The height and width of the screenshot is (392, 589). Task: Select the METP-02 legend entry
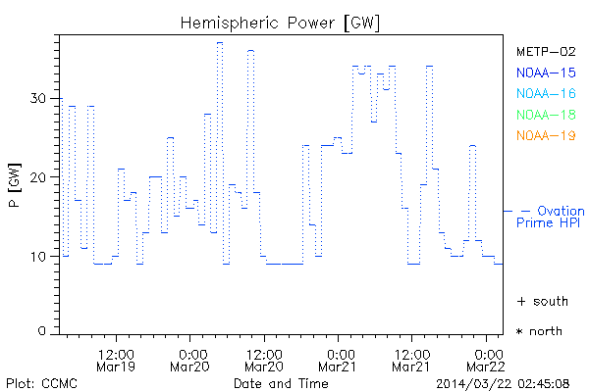coord(546,51)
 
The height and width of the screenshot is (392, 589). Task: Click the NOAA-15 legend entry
coord(546,73)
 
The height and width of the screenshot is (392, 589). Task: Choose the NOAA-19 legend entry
coord(546,135)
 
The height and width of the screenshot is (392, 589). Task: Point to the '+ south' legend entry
coord(542,301)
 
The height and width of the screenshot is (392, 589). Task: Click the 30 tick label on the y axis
coord(40,98)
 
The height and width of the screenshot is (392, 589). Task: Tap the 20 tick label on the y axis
coord(40,176)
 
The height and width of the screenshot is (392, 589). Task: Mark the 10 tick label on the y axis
coord(40,256)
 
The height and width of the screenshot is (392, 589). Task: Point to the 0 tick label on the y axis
coord(44,332)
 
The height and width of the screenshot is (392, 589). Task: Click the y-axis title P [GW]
coord(14,176)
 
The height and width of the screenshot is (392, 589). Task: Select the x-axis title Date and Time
coord(281,382)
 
